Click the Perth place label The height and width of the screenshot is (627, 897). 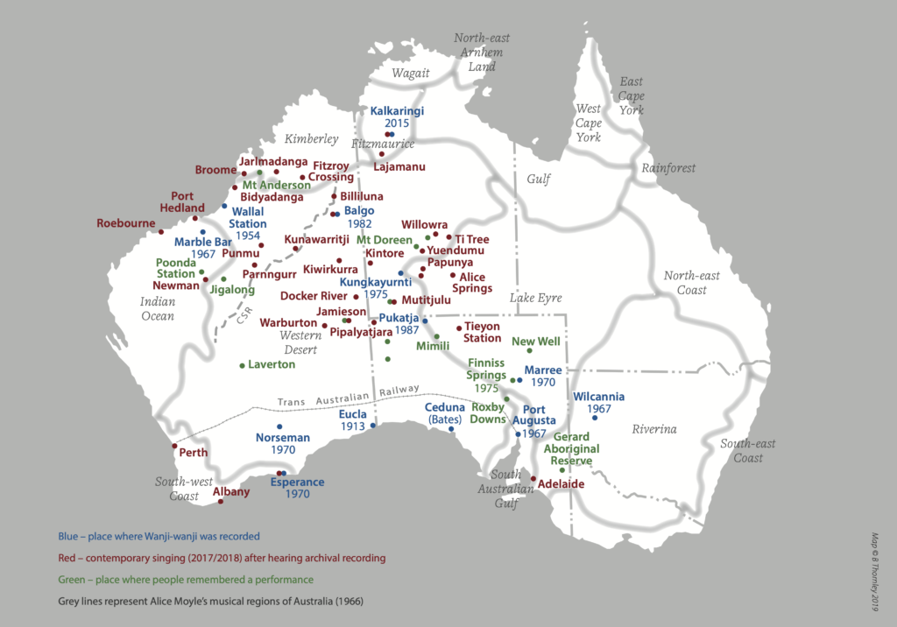(193, 453)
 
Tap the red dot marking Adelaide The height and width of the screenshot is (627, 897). (533, 478)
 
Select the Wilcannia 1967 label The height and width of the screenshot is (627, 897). (598, 402)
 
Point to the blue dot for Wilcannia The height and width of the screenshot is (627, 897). (594, 418)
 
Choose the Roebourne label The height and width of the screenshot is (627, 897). (125, 223)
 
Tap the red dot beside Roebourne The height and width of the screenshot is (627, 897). (161, 232)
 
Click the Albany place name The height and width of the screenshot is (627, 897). (231, 491)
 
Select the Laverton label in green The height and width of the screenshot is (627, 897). (272, 364)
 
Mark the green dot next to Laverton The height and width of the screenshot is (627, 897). (242, 365)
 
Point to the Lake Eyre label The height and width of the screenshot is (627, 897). (535, 299)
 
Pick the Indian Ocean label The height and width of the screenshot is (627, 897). (158, 308)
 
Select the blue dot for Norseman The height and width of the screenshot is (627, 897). (279, 426)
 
